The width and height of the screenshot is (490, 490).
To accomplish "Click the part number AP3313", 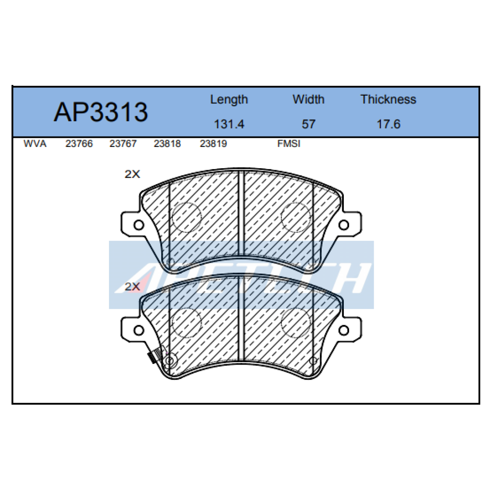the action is coord(101,112).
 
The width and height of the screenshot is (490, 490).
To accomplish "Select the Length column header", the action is coord(229,99).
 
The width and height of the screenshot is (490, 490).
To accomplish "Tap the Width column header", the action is coord(308,99).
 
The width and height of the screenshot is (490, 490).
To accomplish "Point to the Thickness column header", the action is coord(388,99).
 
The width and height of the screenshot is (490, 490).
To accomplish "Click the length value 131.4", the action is coord(229,124).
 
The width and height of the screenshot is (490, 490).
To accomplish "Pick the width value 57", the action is coord(308,124).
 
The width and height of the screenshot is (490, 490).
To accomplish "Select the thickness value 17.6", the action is coord(389,124).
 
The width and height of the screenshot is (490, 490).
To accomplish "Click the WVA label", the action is coord(35,144).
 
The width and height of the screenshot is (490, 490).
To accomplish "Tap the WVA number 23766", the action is coord(79,144).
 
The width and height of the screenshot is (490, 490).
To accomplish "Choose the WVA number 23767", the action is coord(123,144).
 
